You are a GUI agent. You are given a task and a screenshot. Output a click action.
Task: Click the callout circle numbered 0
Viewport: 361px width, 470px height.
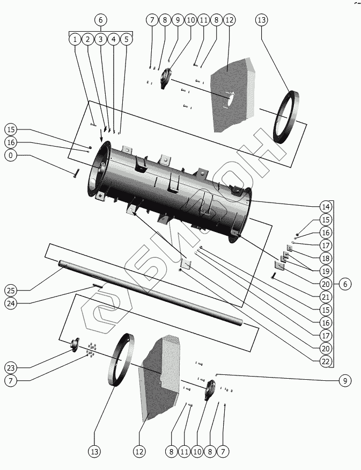(x=11, y=156)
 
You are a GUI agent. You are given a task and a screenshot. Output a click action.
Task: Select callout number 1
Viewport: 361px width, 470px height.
(x=75, y=39)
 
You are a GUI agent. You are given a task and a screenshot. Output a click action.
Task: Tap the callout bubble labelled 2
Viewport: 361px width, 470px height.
(x=87, y=39)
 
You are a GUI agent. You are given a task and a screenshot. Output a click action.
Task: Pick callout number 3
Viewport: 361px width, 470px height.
(x=100, y=39)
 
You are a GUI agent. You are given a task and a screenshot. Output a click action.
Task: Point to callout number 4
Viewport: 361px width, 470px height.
(x=113, y=39)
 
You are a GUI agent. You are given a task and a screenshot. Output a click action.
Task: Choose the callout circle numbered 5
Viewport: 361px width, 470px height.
(x=126, y=39)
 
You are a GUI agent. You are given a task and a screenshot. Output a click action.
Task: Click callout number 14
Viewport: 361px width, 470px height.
(x=325, y=207)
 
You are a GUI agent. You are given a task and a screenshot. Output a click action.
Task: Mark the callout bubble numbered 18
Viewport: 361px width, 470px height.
(x=325, y=258)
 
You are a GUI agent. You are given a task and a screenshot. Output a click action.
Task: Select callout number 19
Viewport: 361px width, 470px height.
(x=325, y=271)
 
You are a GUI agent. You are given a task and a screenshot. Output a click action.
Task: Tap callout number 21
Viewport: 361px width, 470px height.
(x=325, y=297)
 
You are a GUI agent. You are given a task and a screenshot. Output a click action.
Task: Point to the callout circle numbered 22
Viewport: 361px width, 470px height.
(x=325, y=361)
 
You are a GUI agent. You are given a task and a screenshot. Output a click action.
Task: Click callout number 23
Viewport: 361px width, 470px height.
(x=11, y=368)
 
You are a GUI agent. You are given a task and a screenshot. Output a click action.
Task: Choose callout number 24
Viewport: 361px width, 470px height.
(x=11, y=303)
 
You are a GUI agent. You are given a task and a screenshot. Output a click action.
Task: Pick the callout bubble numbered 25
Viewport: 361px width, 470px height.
(x=11, y=291)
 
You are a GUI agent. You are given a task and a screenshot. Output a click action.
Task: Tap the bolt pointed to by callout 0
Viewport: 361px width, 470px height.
(x=76, y=173)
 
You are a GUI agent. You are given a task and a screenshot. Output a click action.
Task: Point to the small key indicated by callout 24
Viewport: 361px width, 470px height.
(x=98, y=286)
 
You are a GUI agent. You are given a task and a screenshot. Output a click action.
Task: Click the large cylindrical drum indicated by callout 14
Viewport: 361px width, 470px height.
(x=172, y=188)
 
